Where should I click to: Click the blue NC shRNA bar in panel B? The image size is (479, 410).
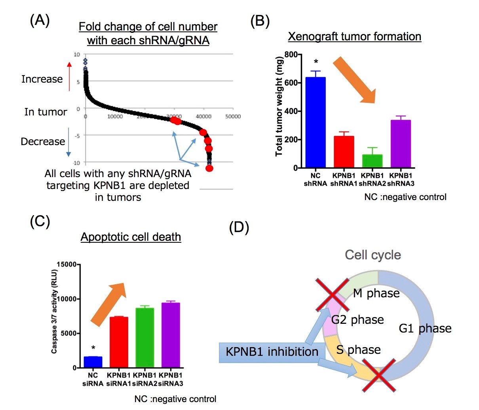[x=316, y=123]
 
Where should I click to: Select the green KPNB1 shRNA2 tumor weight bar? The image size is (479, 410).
[x=372, y=161]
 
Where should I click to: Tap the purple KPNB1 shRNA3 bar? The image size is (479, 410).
[x=401, y=144]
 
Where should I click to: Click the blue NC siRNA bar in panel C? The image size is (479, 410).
[x=93, y=362]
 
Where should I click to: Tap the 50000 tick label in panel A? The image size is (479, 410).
[x=233, y=116]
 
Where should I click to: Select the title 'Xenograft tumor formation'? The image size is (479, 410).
[x=354, y=37]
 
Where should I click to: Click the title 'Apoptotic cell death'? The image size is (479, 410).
[x=131, y=237]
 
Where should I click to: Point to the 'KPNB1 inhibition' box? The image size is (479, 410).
[x=272, y=352]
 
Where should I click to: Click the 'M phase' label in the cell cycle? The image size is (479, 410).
[x=376, y=293]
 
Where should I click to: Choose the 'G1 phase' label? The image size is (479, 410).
[x=425, y=329]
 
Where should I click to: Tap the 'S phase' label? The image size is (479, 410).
[x=358, y=350]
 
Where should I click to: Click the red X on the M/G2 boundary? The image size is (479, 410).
[x=332, y=295]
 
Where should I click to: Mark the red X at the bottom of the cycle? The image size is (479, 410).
[x=379, y=375]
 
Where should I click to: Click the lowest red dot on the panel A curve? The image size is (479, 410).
[x=209, y=168]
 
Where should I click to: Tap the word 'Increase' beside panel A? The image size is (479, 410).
[x=42, y=79]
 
